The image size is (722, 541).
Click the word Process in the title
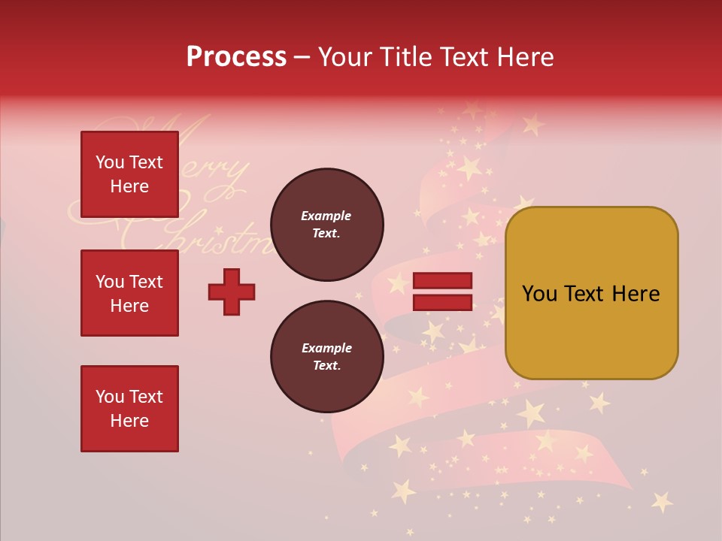(x=236, y=57)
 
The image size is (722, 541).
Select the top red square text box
(x=129, y=174)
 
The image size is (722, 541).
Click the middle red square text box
(x=129, y=293)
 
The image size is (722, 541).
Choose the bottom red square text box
(x=129, y=408)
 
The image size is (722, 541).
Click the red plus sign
(x=232, y=292)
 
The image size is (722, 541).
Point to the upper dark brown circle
(x=326, y=225)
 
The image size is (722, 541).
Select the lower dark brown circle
(x=326, y=357)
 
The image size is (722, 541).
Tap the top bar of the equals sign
(x=442, y=281)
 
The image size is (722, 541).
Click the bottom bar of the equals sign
(x=442, y=302)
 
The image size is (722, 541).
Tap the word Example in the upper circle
(x=326, y=216)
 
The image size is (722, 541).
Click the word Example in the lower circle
(x=326, y=348)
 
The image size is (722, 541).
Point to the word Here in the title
(x=526, y=57)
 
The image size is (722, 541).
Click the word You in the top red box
(x=110, y=162)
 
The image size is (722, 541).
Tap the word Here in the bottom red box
(x=129, y=421)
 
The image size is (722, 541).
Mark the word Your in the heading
(x=344, y=57)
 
